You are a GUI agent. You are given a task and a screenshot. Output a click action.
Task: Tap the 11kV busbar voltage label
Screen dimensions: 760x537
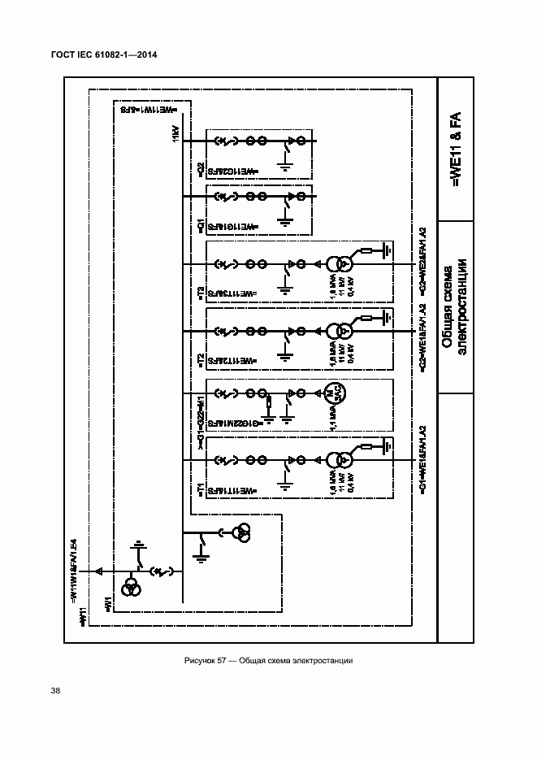click(x=175, y=135)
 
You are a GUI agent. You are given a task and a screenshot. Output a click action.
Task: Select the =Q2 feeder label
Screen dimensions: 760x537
click(x=201, y=168)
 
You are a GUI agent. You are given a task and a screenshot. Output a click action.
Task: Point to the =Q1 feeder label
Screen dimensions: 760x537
click(x=201, y=224)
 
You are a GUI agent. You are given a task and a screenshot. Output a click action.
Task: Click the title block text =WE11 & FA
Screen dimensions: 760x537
click(x=455, y=148)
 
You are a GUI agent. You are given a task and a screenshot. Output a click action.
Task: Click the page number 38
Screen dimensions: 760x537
click(x=55, y=691)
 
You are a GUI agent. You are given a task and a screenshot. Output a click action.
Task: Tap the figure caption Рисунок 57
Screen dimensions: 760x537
click(x=268, y=660)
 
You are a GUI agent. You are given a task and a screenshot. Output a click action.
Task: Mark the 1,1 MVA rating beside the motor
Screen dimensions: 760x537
click(x=333, y=421)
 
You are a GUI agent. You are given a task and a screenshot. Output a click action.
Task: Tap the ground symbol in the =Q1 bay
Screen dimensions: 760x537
click(x=284, y=218)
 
